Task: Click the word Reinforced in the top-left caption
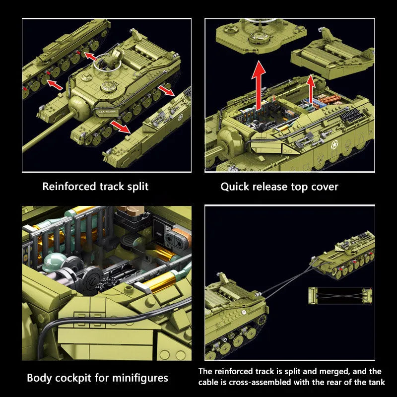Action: (69, 187)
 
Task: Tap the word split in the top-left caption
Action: (138, 187)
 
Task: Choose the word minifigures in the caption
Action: (140, 378)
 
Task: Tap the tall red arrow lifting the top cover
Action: (259, 85)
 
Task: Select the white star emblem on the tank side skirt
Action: (334, 145)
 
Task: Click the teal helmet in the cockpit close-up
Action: (54, 263)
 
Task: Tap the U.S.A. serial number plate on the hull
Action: (107, 111)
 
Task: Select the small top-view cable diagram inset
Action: (340, 296)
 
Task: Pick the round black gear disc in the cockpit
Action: (92, 278)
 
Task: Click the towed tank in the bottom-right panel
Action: (343, 255)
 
